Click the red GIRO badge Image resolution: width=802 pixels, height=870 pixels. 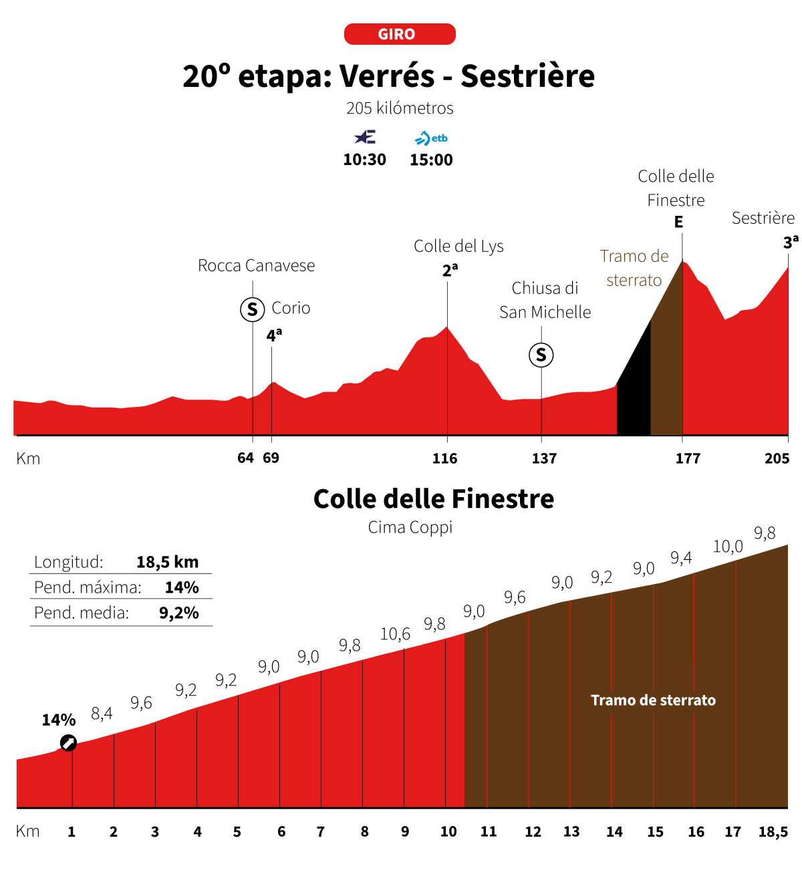pos(400,34)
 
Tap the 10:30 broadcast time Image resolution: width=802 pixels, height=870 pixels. pos(364,160)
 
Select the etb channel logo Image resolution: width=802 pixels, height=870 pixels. pos(431,138)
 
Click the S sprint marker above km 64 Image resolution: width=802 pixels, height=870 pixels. pos(253,309)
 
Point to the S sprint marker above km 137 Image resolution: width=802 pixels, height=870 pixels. pos(541,355)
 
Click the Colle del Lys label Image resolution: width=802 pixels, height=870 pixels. pos(458,246)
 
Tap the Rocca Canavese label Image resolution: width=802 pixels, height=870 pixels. pos(256,265)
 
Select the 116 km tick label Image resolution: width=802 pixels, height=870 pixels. pos(444,458)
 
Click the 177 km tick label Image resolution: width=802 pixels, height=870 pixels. pos(688,458)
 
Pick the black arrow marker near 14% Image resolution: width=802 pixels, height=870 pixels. pos(68,743)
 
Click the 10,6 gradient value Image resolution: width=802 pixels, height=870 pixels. pos(395,634)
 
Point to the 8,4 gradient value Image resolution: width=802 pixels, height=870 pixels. pos(102,714)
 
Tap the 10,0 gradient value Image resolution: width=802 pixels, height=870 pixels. pos(728,547)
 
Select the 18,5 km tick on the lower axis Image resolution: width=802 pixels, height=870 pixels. pos(773,832)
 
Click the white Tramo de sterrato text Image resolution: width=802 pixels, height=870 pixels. pos(653,700)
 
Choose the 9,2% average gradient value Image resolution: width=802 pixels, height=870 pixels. pos(179,613)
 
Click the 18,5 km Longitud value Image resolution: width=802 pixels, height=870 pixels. pos(167,562)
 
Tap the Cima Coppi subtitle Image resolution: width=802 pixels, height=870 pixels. pos(410,527)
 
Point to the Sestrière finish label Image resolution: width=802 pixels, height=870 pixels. pos(763,218)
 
